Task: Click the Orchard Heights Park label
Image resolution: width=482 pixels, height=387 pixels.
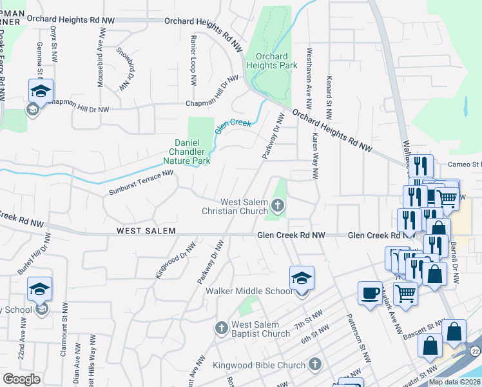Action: (271, 61)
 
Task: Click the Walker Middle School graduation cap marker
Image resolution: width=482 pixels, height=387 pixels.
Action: (302, 278)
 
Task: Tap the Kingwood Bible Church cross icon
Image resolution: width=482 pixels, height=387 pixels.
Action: (315, 365)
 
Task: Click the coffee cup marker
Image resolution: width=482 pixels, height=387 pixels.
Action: (370, 293)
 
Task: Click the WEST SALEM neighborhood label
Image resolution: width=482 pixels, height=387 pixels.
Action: (146, 231)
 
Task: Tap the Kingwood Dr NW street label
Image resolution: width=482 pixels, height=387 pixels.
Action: (175, 260)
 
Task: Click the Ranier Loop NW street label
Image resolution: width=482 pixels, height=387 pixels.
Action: (193, 60)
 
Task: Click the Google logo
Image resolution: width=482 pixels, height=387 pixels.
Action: (21, 379)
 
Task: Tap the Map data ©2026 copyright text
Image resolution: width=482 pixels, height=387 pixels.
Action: (454, 382)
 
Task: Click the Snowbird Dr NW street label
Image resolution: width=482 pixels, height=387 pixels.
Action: (126, 68)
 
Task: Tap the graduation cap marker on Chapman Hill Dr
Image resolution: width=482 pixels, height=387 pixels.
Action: (40, 92)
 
